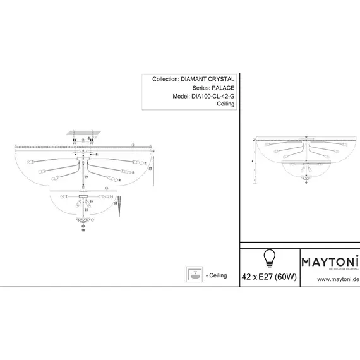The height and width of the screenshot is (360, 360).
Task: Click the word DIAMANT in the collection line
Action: coord(198,80)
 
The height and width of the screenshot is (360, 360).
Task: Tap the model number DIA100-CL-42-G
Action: coord(213,96)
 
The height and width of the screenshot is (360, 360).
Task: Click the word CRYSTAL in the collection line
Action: coord(223,80)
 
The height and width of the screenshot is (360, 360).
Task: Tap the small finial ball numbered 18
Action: coord(83,230)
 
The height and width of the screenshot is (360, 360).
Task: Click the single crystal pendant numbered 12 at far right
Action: coord(153,177)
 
